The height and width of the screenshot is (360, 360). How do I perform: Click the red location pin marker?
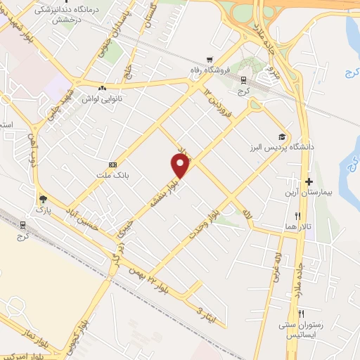(x=181, y=165)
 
